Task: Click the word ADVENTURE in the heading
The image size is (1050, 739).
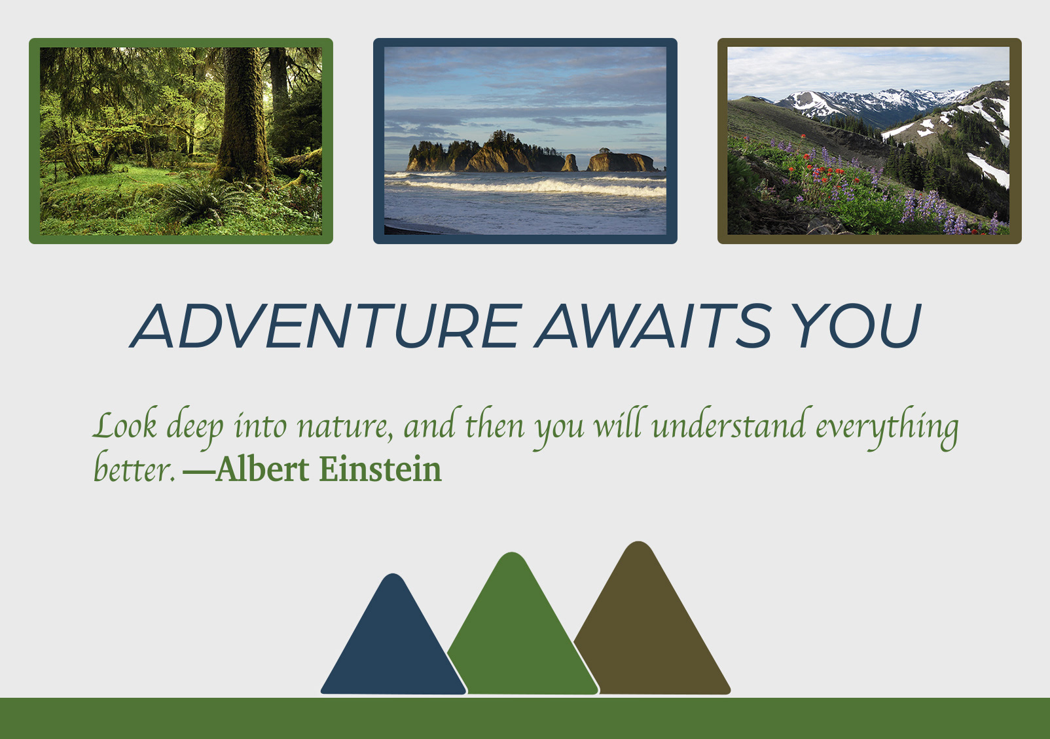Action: [325, 326]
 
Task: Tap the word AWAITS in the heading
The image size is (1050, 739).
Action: [653, 326]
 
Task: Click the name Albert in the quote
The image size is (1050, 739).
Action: [262, 469]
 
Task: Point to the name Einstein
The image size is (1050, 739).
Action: [380, 469]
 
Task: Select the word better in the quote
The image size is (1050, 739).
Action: [135, 467]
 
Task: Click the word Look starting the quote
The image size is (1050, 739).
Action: [124, 425]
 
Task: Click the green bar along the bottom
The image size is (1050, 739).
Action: [525, 718]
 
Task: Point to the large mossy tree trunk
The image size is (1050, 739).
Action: [244, 115]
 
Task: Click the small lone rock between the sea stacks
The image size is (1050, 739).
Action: [570, 162]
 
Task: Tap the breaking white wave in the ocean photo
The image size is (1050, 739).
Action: [530, 187]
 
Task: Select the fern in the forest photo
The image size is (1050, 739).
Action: [202, 202]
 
